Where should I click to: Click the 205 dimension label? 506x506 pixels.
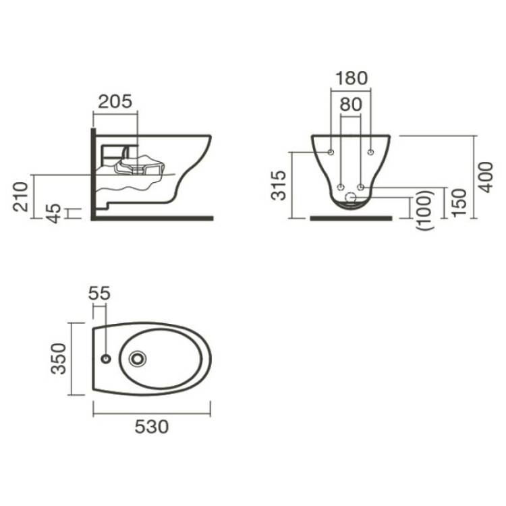pyautogui.click(x=115, y=101)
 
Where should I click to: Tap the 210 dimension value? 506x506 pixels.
pyautogui.click(x=21, y=196)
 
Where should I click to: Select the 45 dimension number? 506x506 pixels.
pyautogui.click(x=53, y=213)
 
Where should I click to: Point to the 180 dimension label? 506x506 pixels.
pyautogui.click(x=352, y=78)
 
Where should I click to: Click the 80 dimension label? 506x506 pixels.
pyautogui.click(x=351, y=104)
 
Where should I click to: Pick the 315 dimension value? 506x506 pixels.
pyautogui.click(x=279, y=186)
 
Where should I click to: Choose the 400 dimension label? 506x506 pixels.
pyautogui.click(x=486, y=177)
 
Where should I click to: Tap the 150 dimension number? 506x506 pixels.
pyautogui.click(x=459, y=203)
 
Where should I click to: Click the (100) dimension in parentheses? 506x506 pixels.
pyautogui.click(x=424, y=210)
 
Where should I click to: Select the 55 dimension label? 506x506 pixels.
pyautogui.click(x=99, y=293)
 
